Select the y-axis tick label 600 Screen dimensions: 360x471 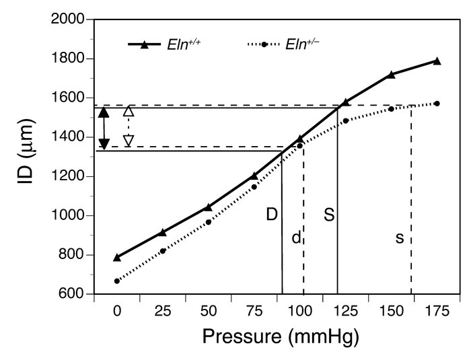(x=71, y=294)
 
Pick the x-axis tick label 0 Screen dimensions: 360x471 (x=117, y=312)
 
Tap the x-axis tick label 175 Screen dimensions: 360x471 (x=437, y=312)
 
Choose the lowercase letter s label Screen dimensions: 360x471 (x=400, y=238)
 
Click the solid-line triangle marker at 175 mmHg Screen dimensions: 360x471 (x=437, y=61)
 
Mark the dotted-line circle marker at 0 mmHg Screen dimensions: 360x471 (x=117, y=281)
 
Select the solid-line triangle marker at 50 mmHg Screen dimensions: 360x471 (x=209, y=207)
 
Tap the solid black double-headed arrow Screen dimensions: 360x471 (x=104, y=128)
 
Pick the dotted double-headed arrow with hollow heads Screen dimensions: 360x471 (x=129, y=126)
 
